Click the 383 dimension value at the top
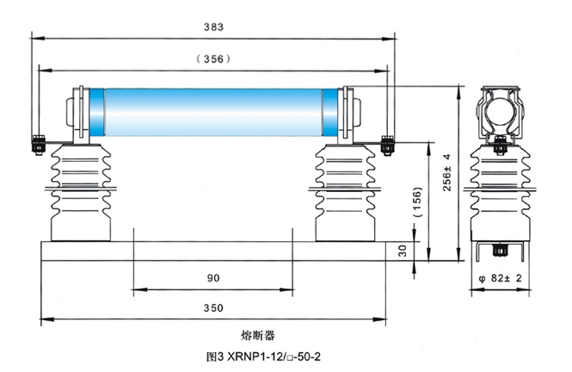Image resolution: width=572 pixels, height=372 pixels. [x=213, y=27]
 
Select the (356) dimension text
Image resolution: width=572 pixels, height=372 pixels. [x=213, y=59]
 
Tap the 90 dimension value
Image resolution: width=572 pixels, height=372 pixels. [x=213, y=278]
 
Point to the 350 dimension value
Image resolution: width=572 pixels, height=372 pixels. [x=213, y=308]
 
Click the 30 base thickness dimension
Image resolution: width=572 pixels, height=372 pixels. [x=403, y=251]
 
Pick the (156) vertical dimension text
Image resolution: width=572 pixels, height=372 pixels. [x=417, y=201]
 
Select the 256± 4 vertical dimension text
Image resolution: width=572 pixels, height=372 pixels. [x=447, y=172]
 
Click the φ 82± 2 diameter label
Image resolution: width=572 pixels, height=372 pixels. [x=500, y=278]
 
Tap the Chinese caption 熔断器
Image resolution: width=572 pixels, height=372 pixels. [x=258, y=335]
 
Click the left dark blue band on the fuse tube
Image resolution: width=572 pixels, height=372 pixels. [x=96, y=112]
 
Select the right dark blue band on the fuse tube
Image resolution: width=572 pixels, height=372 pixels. [x=330, y=112]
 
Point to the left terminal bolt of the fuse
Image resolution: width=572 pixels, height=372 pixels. [x=39, y=145]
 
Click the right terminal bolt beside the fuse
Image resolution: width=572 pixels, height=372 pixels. [x=387, y=146]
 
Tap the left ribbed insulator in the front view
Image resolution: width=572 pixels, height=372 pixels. [x=81, y=192]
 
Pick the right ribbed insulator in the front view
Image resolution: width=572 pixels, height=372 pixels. [x=345, y=192]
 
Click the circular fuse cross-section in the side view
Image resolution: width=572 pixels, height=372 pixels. [x=500, y=113]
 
